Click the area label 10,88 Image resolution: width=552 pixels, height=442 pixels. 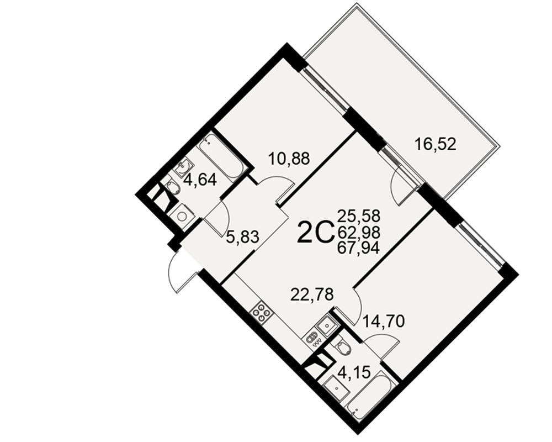[289, 159]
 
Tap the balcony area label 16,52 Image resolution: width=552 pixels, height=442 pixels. [436, 144]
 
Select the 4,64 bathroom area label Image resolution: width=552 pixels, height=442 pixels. [200, 180]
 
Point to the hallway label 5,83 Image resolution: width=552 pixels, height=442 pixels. [242, 237]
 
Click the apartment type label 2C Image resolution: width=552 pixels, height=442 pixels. [315, 232]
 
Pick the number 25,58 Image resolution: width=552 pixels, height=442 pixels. [359, 215]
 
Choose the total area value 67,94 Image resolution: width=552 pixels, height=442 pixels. [359, 249]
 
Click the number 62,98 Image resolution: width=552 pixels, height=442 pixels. [359, 232]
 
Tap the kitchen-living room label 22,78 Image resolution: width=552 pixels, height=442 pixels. [312, 294]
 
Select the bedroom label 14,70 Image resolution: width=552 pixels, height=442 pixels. [384, 321]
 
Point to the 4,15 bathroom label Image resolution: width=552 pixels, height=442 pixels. [354, 372]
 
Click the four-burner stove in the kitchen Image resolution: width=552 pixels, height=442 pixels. [261, 312]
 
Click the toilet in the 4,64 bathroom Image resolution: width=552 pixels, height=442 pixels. [172, 190]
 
